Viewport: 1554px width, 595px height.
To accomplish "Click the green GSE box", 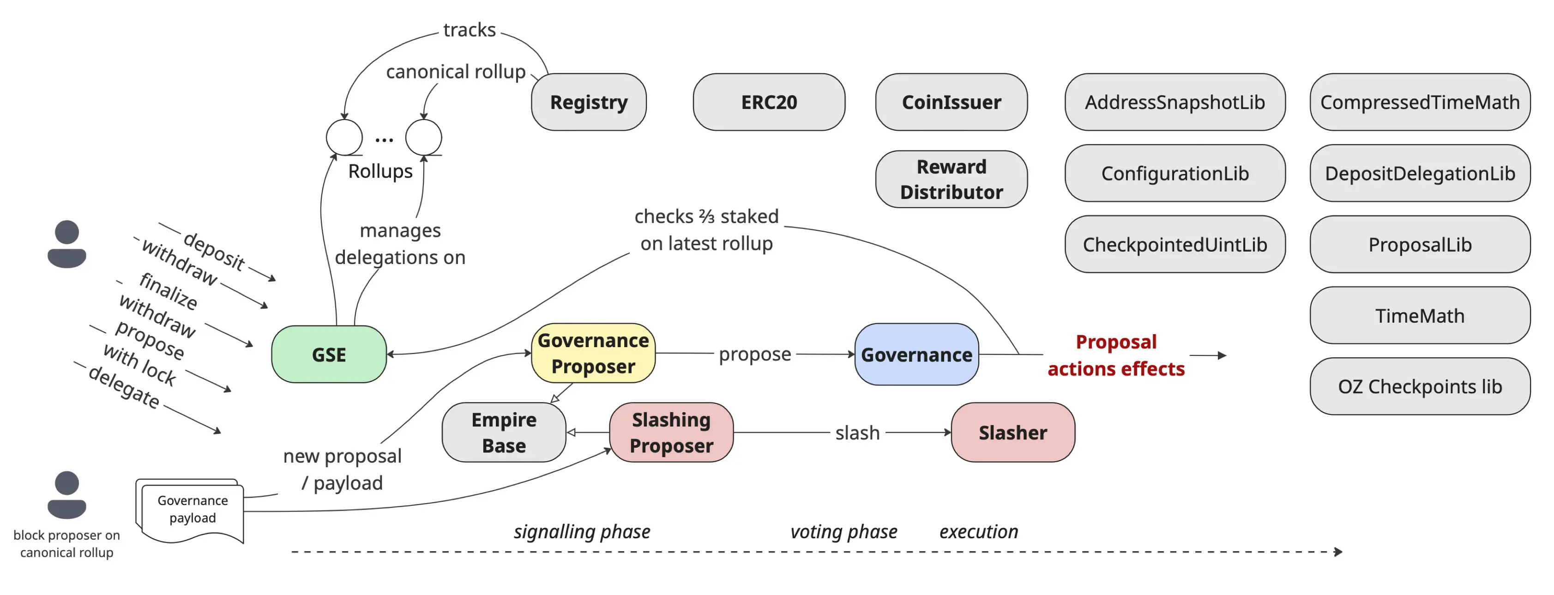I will [329, 354].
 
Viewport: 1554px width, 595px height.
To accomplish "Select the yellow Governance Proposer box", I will [592, 353].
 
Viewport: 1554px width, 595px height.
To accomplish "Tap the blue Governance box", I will [916, 354].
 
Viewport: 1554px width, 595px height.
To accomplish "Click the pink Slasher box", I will [1012, 432].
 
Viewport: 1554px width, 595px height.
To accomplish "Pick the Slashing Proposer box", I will [671, 432].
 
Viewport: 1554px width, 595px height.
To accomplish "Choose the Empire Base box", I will [504, 432].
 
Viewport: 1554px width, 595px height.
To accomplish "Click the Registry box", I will [588, 102].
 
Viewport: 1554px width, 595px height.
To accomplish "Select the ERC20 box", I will [769, 102].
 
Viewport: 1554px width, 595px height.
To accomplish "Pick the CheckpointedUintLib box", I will [1174, 244].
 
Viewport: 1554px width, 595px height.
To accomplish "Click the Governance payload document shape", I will [192, 510].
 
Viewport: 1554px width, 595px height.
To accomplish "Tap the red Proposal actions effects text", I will [1115, 355].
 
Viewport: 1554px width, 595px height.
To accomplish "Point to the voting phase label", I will [843, 531].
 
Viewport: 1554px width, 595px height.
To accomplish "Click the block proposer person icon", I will [66, 494].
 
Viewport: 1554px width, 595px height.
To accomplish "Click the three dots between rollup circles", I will [384, 140].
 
